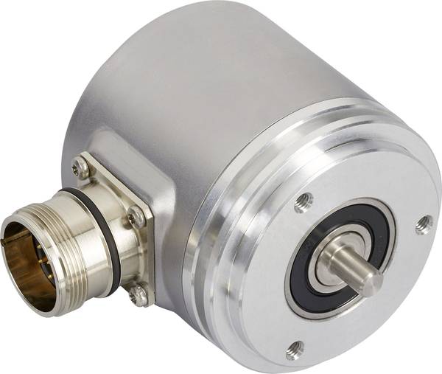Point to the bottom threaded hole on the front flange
[x=295, y=349]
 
